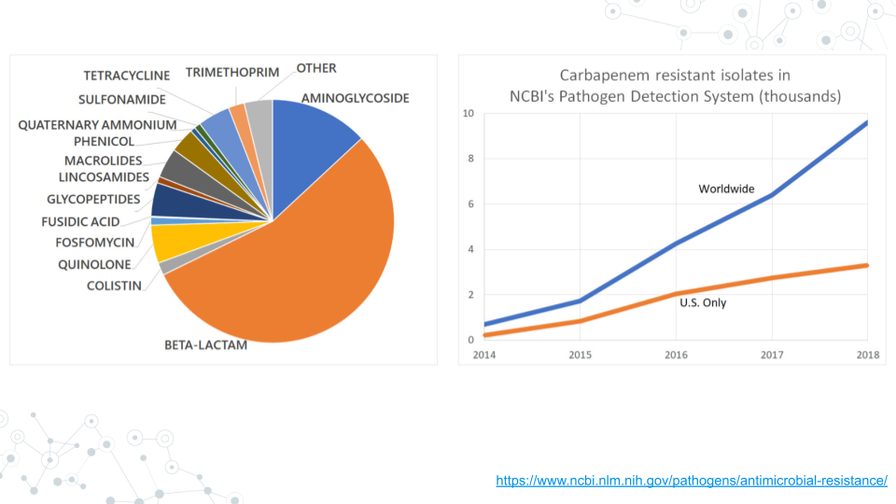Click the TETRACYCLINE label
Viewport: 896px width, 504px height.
(127, 76)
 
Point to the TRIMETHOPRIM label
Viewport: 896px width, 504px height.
(232, 73)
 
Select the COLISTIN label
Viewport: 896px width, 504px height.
(114, 286)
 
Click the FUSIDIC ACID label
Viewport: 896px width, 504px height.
(80, 221)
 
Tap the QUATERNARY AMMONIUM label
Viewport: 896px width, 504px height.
(97, 124)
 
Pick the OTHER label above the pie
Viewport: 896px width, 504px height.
(316, 68)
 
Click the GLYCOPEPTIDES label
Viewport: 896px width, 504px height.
(93, 199)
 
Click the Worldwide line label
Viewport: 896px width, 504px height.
(725, 189)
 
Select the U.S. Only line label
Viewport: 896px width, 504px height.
(702, 302)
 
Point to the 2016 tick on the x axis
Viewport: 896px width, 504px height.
(675, 356)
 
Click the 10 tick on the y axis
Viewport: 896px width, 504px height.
(469, 114)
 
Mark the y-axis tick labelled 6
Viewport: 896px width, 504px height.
(470, 204)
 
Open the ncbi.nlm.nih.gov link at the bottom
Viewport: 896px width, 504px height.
(691, 481)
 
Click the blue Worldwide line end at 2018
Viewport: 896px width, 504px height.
(867, 123)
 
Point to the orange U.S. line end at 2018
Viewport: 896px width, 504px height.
(867, 266)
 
